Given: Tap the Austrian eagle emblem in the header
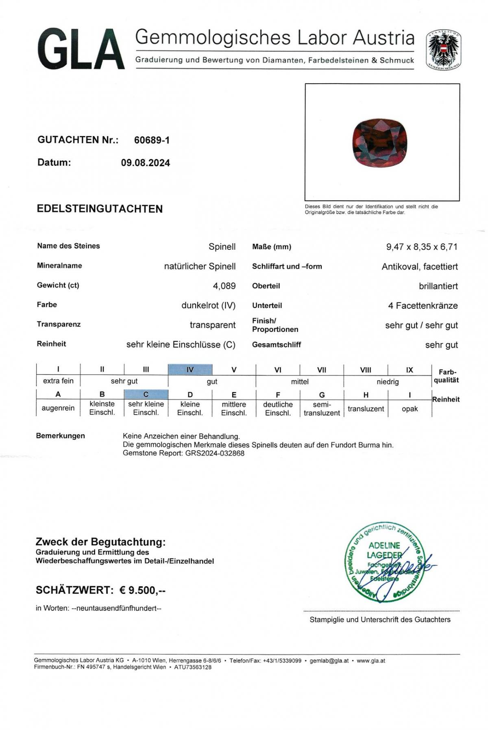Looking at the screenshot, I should (443, 50).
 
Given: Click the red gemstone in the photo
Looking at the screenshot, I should (379, 143).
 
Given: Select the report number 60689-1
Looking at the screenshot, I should (152, 140).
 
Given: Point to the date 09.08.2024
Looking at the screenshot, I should (145, 163).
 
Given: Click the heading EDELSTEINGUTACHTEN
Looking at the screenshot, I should (100, 209).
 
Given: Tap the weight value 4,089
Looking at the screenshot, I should (224, 286).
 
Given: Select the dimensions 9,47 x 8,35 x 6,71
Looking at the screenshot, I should (422, 247).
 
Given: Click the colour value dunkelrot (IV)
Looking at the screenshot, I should (208, 305).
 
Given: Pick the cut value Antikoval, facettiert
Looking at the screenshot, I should (419, 266).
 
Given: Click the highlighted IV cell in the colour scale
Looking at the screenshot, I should (190, 370).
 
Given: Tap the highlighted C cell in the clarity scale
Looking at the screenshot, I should (146, 394).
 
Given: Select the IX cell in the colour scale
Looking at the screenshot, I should (410, 370).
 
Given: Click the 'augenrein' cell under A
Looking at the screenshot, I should (58, 408).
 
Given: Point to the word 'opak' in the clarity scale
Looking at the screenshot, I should (410, 409).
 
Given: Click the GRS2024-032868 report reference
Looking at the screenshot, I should (215, 453).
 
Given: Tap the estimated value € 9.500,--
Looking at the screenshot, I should (142, 590).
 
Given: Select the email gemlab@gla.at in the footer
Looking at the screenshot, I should (329, 661).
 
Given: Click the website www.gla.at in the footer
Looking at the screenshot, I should (371, 661).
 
